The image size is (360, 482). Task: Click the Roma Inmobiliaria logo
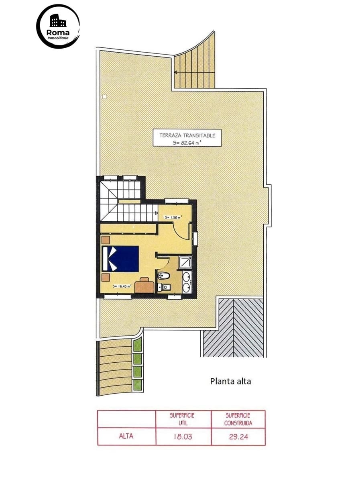point(58,27)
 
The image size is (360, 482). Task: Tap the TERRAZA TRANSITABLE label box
point(187,138)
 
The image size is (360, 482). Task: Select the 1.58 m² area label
point(173,217)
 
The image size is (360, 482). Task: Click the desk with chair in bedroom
point(144,285)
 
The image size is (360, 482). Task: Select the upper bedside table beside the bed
point(106,240)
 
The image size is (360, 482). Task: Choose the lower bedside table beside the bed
point(106,277)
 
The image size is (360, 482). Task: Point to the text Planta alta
point(230,381)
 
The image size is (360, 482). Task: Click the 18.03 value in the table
point(183,437)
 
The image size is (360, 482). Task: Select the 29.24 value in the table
point(238,437)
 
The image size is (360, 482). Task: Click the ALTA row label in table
point(126,437)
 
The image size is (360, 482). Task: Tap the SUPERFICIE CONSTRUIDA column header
point(238,419)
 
